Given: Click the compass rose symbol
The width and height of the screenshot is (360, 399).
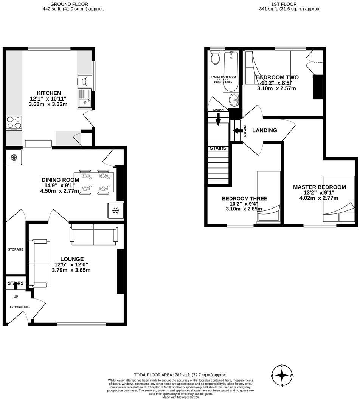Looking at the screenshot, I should tap(282, 375).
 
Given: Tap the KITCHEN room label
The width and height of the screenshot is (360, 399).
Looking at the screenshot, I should tap(48, 93).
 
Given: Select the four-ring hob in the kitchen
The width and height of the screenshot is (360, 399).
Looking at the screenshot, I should tap(14, 123).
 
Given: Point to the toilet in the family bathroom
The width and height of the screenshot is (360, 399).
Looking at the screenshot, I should tap(216, 58).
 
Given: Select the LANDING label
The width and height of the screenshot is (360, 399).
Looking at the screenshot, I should tap(264, 130).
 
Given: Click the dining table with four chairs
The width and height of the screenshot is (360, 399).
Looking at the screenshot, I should tap(94, 182).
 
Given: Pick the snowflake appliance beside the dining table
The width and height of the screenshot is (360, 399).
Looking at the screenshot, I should tap(116, 210).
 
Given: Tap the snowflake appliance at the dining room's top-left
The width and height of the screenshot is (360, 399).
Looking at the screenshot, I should tap(14, 157).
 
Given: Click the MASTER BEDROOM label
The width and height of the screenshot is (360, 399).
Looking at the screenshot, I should tap(319, 187).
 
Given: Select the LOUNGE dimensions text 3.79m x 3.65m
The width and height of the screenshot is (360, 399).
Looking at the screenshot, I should tap(71, 270).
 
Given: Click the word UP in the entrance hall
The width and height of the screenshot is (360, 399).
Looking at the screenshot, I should tap(16, 297).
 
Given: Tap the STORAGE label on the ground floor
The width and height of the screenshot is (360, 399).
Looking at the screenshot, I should tap(16, 249).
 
